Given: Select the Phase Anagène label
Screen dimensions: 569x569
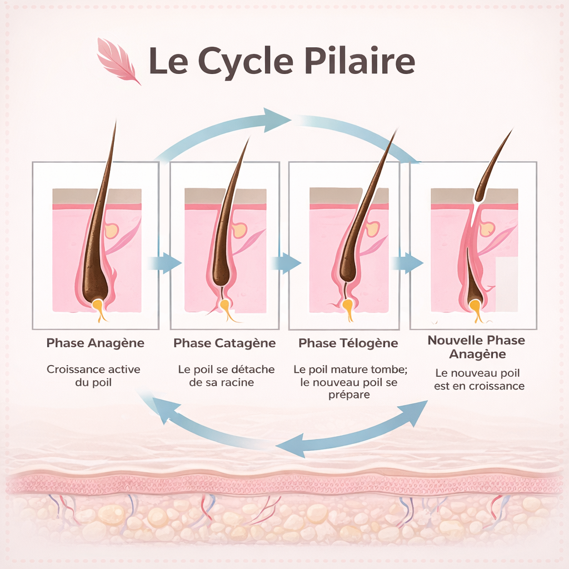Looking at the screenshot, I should (95, 343).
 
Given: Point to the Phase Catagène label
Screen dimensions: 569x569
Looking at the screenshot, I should (224, 343).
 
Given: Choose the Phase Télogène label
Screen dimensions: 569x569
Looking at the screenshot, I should (348, 343).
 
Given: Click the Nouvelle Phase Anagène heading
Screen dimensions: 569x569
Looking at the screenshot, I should (476, 347).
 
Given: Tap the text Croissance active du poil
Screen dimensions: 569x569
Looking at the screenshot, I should (93, 376).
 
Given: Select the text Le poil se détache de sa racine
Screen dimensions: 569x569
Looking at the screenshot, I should (226, 376).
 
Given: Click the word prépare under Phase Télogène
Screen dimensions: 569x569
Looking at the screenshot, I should (348, 395).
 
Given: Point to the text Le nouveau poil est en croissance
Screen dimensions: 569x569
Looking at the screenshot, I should (479, 380).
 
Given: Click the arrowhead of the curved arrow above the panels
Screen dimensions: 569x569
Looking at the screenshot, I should (278, 119).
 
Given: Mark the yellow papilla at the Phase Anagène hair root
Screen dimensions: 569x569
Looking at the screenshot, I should (99, 307).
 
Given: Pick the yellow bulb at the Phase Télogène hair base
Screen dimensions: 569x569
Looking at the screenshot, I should (348, 307).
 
